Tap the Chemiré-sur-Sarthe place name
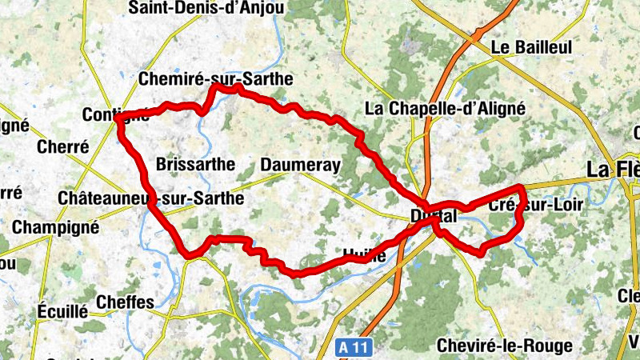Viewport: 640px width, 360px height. pos(216,79)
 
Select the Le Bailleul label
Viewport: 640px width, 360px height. pos(532,47)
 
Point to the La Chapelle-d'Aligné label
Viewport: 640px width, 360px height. pos(444,108)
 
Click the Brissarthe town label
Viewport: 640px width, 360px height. pos(196,165)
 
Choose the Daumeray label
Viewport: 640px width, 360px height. pos(301,165)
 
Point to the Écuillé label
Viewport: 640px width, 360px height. pos(62,311)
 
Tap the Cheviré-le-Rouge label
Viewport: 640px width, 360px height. pos(505,346)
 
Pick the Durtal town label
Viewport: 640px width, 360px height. pos(433,216)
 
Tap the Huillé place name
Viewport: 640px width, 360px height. pos(364,256)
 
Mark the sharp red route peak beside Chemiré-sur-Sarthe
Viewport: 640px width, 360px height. pos(214,86)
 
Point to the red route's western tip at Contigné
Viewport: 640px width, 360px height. pos(118,118)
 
